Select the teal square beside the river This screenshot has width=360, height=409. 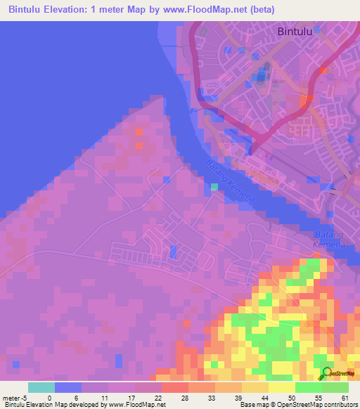[214, 187]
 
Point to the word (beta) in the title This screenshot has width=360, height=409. [259, 10]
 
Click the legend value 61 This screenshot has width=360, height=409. [345, 398]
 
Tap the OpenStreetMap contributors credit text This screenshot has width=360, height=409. [319, 405]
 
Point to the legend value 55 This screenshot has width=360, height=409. [319, 398]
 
